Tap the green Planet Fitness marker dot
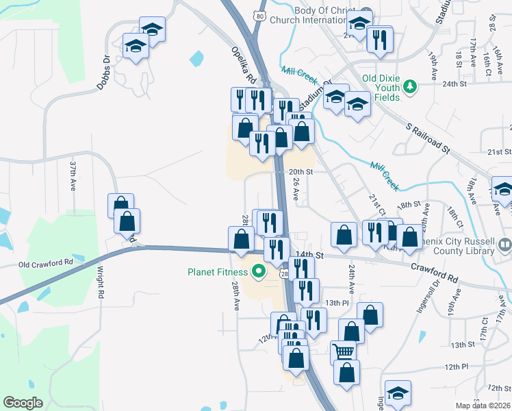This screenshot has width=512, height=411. pyautogui.click(x=259, y=272)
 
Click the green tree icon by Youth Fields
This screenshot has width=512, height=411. pyautogui.click(x=410, y=86)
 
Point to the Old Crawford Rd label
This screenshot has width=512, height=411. pyautogui.click(x=45, y=263)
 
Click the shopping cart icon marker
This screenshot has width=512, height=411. pyautogui.click(x=344, y=352)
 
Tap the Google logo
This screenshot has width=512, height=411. pyautogui.click(x=23, y=403)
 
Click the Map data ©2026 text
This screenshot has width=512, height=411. pyautogui.click(x=483, y=406)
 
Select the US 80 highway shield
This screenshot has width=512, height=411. pyautogui.click(x=257, y=15)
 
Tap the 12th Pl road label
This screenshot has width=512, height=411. pyautogui.click(x=455, y=366)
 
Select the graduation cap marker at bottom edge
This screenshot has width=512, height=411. pyautogui.click(x=398, y=393)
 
